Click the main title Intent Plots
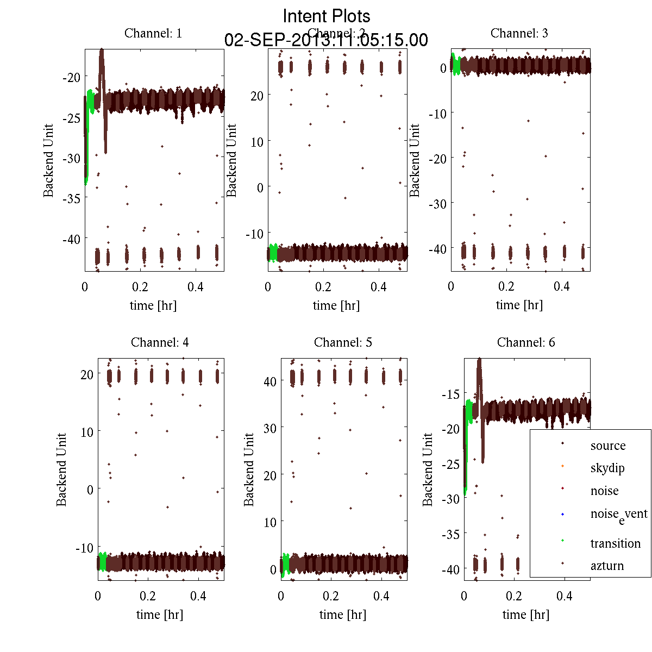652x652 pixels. click(x=327, y=16)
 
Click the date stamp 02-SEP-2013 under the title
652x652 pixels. click(x=326, y=40)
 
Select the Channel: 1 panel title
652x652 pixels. click(x=153, y=33)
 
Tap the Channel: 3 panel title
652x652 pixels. click(x=519, y=33)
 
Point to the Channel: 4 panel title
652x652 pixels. click(x=160, y=342)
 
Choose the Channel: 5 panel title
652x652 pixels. click(x=343, y=342)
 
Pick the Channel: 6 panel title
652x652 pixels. click(x=526, y=342)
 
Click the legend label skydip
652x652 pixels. click(x=607, y=468)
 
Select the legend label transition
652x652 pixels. click(x=616, y=543)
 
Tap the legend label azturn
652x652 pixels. click(x=607, y=566)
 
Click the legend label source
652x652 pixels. click(x=608, y=446)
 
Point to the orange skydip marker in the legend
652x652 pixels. click(x=562, y=466)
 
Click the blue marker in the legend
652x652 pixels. click(x=562, y=513)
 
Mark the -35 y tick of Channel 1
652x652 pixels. click(x=71, y=198)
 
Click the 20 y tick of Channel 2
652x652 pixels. click(x=256, y=96)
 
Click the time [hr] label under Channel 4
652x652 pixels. click(x=160, y=615)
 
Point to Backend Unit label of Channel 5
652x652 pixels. click(x=249, y=470)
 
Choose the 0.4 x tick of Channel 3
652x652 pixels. click(x=562, y=286)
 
